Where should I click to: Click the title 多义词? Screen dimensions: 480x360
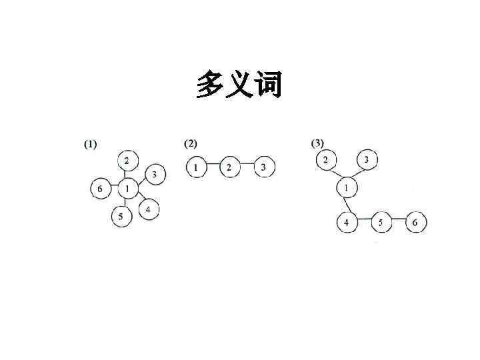tap(239, 85)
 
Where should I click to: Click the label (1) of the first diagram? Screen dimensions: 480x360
tap(89, 144)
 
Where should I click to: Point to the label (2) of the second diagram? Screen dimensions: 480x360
tap(191, 143)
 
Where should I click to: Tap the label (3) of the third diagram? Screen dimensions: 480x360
tap(317, 143)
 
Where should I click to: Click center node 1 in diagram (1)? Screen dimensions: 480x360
tap(127, 189)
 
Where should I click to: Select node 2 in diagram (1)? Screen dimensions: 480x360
tap(127, 160)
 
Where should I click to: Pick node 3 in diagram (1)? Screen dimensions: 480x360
tap(155, 174)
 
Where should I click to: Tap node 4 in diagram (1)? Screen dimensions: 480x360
tap(149, 210)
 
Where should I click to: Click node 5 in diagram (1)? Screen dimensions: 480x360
tap(121, 217)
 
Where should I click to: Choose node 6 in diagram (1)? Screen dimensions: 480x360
tap(100, 189)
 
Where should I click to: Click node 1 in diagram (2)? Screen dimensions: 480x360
tap(196, 167)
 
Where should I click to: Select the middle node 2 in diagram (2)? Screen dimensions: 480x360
tap(229, 167)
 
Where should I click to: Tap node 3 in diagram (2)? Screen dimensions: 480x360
tap(263, 167)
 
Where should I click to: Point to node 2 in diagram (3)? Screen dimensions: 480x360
tap(325, 159)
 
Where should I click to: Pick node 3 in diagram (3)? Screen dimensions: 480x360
tap(367, 160)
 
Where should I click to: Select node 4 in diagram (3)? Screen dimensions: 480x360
tap(347, 222)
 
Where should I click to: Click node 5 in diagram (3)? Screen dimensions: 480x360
tap(381, 222)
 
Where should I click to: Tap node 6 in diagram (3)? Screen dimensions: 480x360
tap(415, 222)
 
